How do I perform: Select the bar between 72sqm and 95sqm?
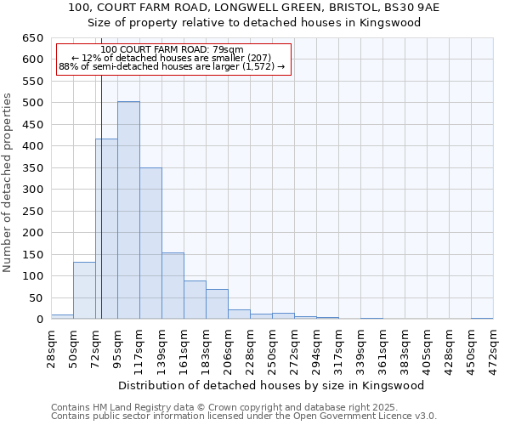(x=106, y=229)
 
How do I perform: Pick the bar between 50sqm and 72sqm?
(x=84, y=291)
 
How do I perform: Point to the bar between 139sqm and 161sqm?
(x=173, y=286)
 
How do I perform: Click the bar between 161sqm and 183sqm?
(x=195, y=300)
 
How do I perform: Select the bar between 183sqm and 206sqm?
(x=217, y=304)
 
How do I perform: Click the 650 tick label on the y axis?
(x=32, y=38)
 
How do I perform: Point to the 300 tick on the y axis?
(x=32, y=190)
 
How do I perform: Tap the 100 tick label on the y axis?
(x=32, y=276)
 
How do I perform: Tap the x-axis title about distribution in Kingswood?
(x=272, y=385)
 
